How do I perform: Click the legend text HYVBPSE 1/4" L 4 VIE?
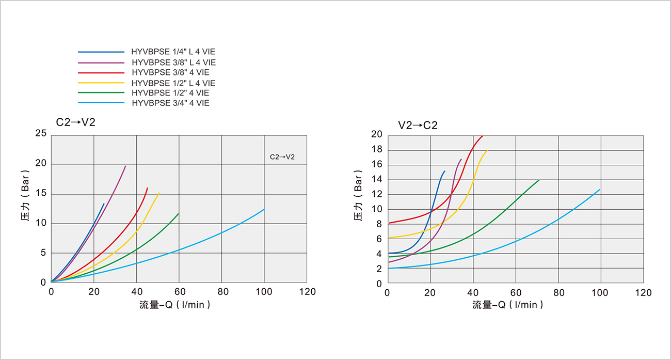[x=173, y=52]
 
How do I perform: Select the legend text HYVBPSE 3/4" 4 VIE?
[x=170, y=103]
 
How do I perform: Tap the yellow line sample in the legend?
[x=101, y=83]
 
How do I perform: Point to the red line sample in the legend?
[x=101, y=72]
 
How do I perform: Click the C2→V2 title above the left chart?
[x=75, y=122]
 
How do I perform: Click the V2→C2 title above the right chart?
[x=418, y=125]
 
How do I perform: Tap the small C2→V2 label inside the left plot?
[x=282, y=156]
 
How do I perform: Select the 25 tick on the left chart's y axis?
[x=41, y=134]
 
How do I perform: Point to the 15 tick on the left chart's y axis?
[x=41, y=194]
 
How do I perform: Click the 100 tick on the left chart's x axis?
[x=264, y=292]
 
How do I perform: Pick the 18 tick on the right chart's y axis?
[x=376, y=150]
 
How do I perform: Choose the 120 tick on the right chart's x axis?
[x=643, y=293]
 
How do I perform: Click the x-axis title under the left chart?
[x=175, y=305]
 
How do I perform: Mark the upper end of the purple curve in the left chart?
[x=125, y=166]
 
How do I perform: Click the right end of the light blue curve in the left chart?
[x=264, y=209]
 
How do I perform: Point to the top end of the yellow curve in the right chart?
[x=487, y=150]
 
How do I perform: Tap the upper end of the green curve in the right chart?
[x=539, y=180]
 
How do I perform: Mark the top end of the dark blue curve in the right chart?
[x=444, y=171]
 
